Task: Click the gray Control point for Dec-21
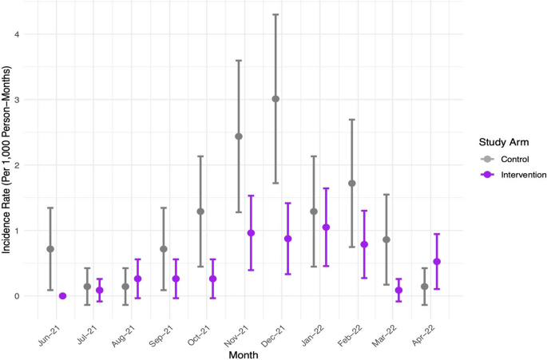click(x=275, y=99)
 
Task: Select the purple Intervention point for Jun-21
click(x=62, y=296)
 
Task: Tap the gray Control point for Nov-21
click(x=238, y=136)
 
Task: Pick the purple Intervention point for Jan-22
click(x=326, y=227)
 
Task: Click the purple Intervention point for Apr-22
click(x=437, y=262)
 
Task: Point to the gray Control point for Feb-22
click(x=351, y=184)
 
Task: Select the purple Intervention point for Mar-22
click(x=398, y=291)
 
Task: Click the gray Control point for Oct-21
click(x=200, y=212)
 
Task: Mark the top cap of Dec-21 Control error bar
click(x=275, y=14)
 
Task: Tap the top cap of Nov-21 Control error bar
click(x=238, y=61)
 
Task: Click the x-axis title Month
click(x=244, y=352)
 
